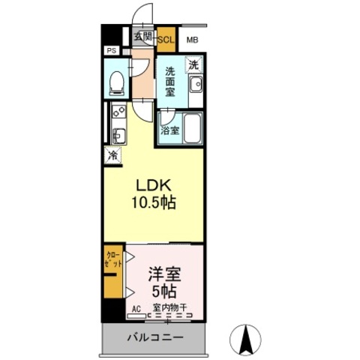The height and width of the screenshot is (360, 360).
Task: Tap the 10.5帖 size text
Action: [x=155, y=203]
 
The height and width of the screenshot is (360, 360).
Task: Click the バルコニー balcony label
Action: [x=154, y=338]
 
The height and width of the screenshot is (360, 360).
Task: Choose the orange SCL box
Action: [x=165, y=40]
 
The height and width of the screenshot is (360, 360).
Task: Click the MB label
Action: [x=192, y=40]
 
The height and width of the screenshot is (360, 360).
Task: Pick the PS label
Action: [x=111, y=51]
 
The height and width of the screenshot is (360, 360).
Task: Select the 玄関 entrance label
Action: [x=142, y=36]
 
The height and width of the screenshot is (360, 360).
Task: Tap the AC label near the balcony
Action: [x=136, y=307]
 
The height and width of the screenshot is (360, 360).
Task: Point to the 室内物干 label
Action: [x=170, y=307]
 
